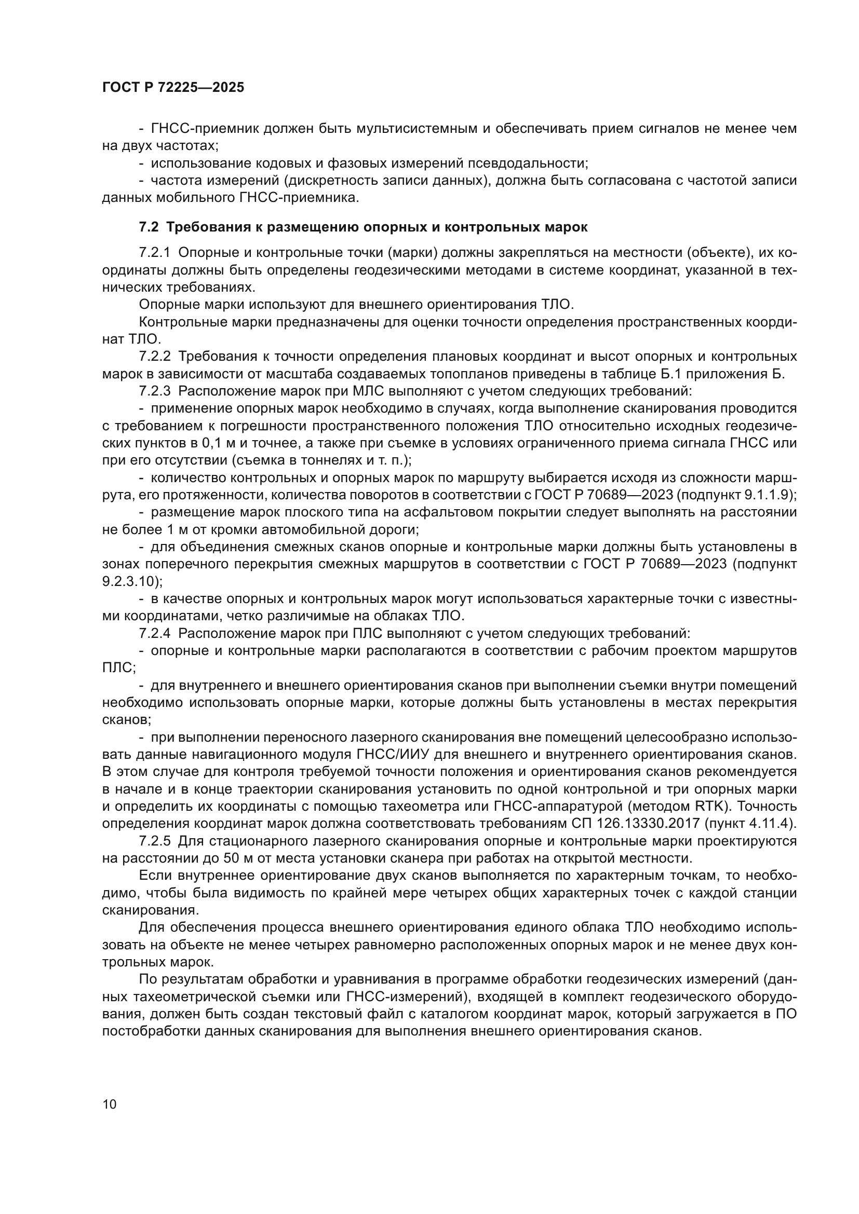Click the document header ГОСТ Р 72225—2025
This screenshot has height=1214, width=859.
[x=173, y=88]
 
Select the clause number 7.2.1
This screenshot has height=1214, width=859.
[x=155, y=253]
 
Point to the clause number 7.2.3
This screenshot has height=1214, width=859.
[x=155, y=391]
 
